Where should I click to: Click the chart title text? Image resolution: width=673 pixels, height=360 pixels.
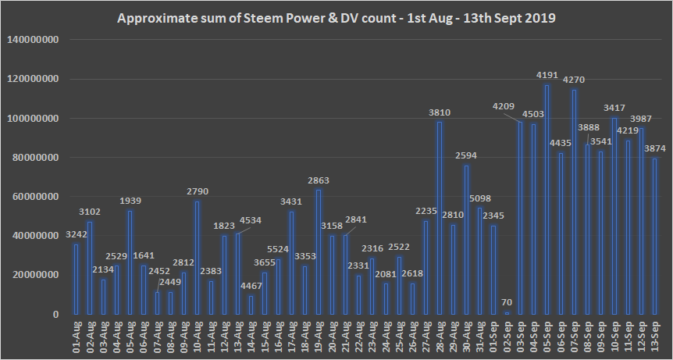[336, 17]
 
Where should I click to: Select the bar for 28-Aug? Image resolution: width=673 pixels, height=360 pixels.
[440, 218]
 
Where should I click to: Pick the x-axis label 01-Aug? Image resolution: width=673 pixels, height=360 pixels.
[77, 337]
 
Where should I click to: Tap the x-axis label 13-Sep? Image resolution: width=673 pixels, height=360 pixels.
[653, 337]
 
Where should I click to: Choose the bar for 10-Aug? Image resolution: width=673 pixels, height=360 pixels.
[197, 258]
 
